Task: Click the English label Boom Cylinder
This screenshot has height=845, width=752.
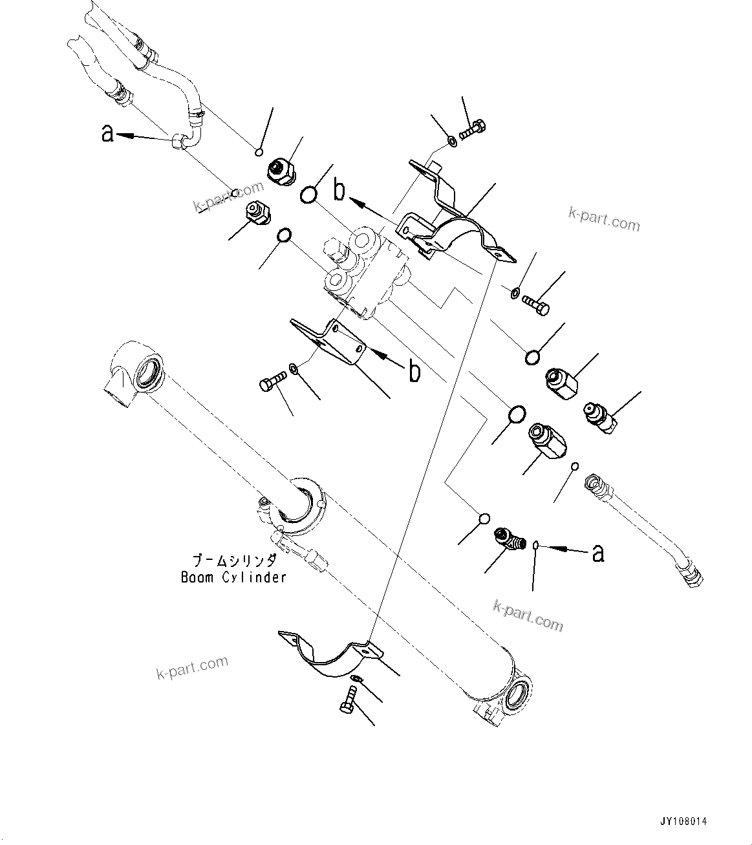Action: [x=233, y=577]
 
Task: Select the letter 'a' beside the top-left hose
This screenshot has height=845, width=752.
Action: [x=108, y=134]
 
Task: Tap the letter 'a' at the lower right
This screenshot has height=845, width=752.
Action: [x=598, y=553]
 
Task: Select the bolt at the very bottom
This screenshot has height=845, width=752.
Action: [x=347, y=700]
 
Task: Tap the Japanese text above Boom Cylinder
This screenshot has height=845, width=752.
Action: [x=235, y=561]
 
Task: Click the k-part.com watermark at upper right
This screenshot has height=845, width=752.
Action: [x=604, y=220]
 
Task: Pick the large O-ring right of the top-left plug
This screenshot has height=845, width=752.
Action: [x=309, y=194]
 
